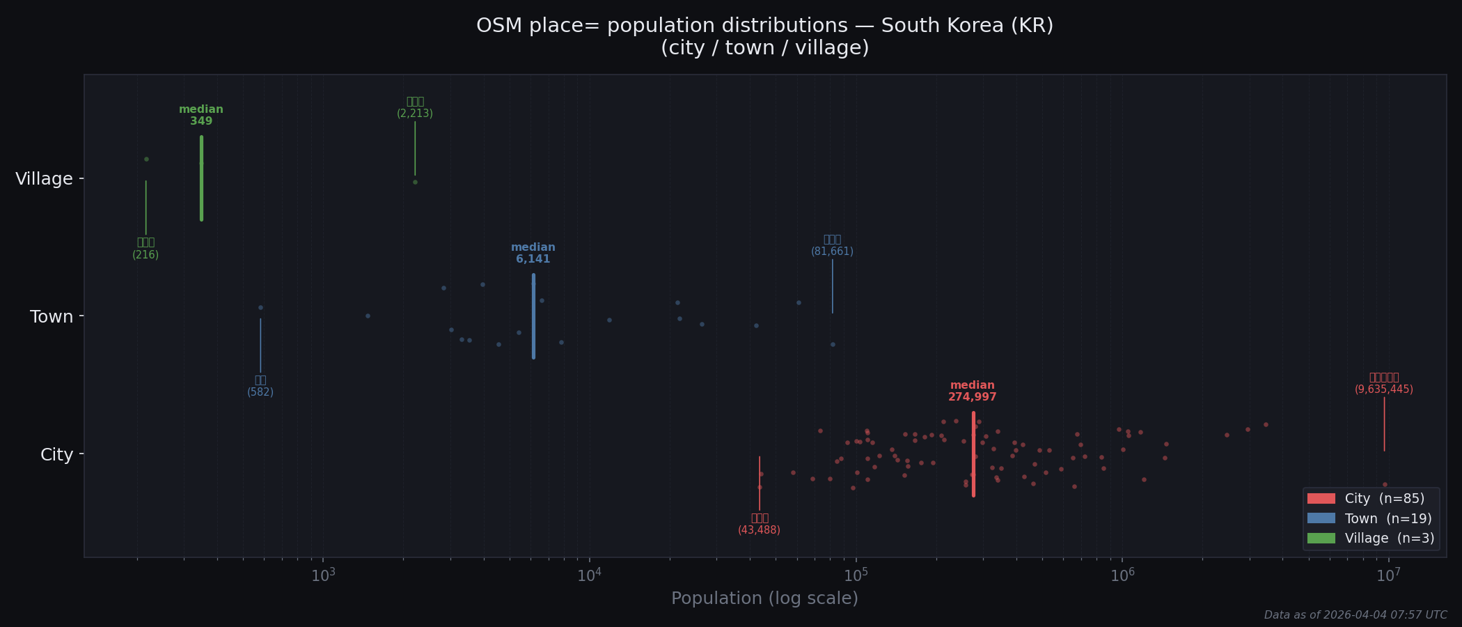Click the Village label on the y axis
44,179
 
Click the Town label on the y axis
52,317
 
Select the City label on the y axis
56,455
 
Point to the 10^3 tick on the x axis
323,575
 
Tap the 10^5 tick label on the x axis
856,575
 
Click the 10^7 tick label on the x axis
1388,575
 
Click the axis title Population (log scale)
764,598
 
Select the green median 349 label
201,116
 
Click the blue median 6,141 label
533,254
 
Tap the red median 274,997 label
973,392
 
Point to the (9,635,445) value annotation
1384,389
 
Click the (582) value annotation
260,392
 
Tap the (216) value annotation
146,255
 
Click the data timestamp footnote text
1355,615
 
